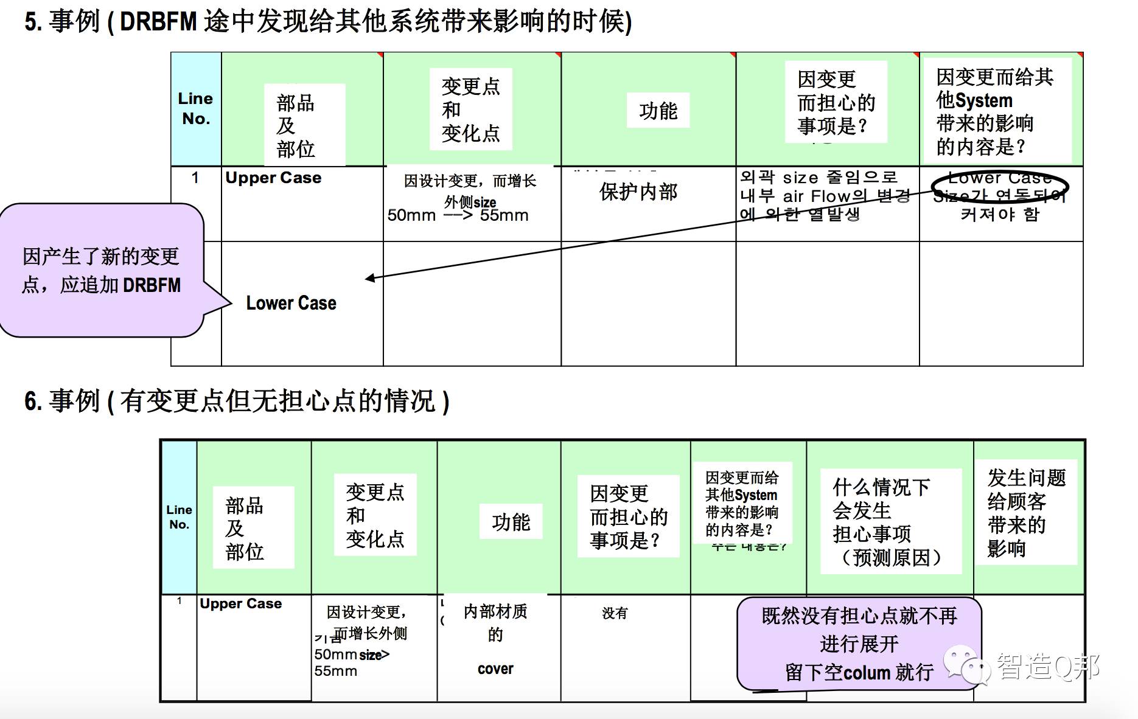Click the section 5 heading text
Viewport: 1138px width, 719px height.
pos(328,22)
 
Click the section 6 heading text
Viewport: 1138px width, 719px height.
pos(237,401)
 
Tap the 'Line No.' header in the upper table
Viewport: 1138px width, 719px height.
pos(195,108)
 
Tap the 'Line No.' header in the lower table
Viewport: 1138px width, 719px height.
pos(179,517)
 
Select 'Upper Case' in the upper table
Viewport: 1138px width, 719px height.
pos(273,178)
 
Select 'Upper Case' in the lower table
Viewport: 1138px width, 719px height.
pos(240,603)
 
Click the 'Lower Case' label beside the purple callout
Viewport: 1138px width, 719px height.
pos(291,303)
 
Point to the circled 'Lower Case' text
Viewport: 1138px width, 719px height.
pos(999,179)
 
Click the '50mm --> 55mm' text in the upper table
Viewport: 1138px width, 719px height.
pos(458,215)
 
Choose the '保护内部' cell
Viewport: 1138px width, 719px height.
pos(638,192)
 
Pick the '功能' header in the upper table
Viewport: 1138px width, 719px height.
pos(658,111)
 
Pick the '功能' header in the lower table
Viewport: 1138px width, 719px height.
pos(511,522)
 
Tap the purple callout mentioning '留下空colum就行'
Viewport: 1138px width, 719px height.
pos(859,644)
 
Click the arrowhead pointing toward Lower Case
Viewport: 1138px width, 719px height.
pos(370,278)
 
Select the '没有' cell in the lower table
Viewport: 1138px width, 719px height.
pos(614,613)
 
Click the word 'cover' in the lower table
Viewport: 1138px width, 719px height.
pos(495,669)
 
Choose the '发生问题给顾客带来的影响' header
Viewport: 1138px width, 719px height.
pos(1026,513)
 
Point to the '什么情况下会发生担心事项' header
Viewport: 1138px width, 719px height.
pos(890,521)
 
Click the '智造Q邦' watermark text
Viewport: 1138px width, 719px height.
pos(1047,667)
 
